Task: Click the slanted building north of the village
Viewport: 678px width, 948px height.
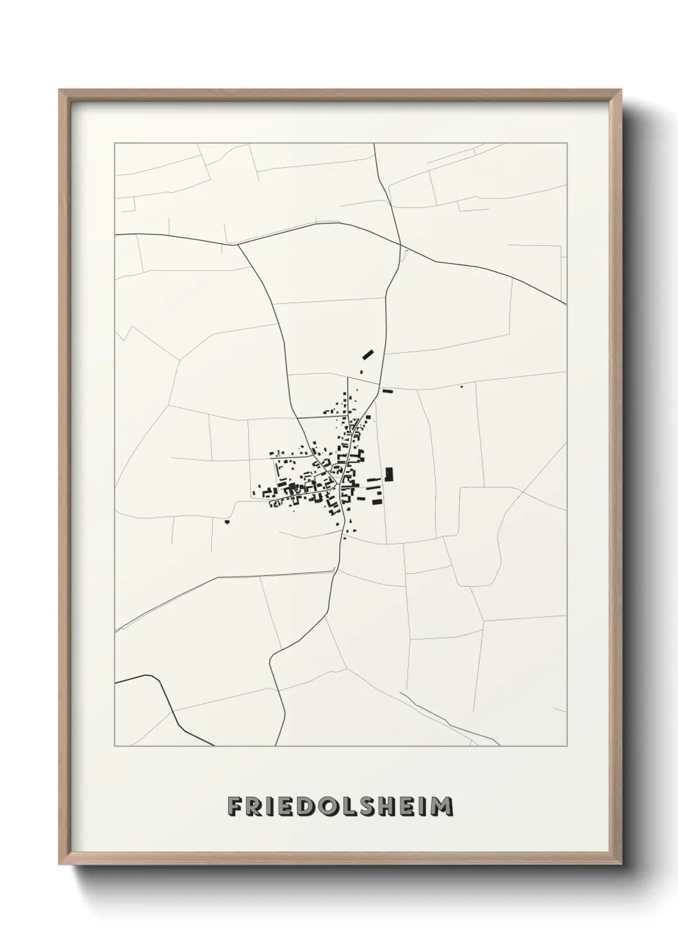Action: [x=368, y=353]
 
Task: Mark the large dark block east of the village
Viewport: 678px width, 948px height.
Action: [x=388, y=474]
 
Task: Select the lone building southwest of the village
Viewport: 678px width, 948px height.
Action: [x=227, y=523]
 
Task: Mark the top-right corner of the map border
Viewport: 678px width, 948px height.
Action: [x=566, y=143]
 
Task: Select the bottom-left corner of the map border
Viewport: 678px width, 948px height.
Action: [x=115, y=746]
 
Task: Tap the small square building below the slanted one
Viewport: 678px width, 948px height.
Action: [x=360, y=372]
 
